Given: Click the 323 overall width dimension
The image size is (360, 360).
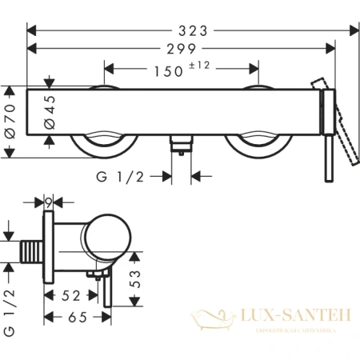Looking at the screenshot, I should click(x=192, y=30).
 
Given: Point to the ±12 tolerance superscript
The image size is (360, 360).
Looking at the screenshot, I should click(x=200, y=66).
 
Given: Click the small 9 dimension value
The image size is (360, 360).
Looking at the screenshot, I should click(x=49, y=202).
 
